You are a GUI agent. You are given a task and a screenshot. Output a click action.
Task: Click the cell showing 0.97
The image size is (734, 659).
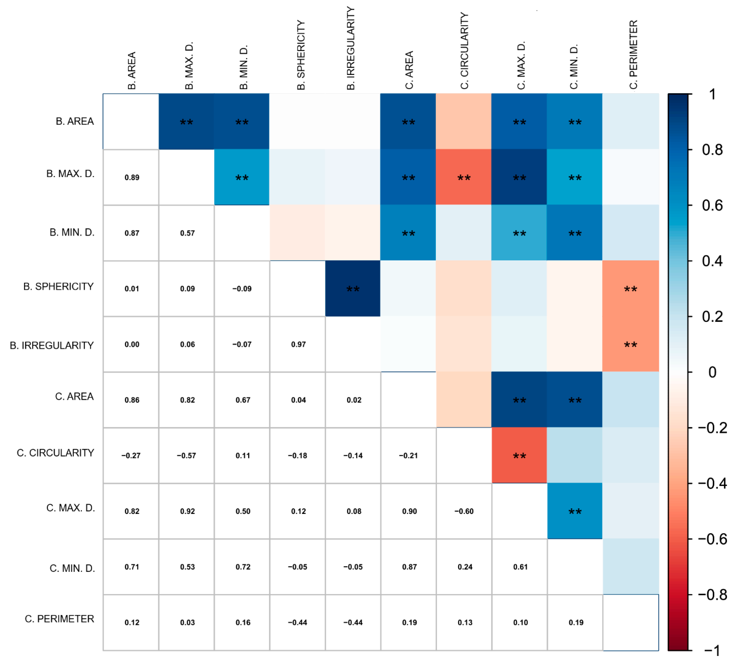point(298,344)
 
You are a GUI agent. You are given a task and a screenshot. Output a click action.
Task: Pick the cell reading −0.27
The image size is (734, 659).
point(131,455)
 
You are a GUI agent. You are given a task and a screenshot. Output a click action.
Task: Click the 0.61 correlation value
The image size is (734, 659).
point(520,567)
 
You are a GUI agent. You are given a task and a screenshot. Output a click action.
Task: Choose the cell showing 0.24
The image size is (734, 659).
point(465,567)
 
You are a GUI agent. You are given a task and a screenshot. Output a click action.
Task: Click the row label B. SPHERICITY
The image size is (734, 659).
point(59,287)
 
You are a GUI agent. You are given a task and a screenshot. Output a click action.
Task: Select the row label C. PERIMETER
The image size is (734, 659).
point(59,619)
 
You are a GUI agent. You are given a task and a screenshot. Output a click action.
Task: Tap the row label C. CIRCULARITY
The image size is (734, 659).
point(55,453)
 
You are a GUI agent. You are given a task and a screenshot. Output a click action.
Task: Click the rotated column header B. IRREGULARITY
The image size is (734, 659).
point(350,48)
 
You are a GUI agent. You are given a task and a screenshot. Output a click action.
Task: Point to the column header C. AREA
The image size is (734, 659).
point(409,70)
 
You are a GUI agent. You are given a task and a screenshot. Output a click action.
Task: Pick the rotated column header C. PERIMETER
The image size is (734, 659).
point(633,54)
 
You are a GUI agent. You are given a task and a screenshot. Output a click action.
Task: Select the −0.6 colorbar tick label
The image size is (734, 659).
point(712,539)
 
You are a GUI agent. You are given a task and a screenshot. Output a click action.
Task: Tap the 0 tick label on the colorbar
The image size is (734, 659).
point(712,372)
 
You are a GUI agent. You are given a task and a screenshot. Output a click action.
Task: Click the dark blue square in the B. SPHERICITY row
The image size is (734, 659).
point(353,289)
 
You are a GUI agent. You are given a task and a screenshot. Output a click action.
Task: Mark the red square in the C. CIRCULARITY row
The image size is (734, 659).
point(519,455)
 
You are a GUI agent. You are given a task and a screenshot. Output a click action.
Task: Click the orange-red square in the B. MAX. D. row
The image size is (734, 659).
point(464,177)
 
